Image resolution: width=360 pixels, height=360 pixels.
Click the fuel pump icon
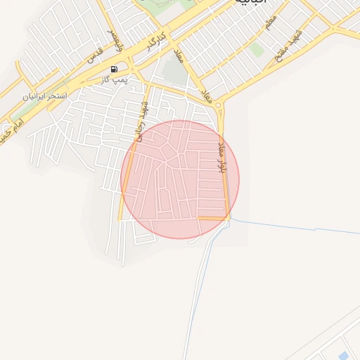tap(114, 70)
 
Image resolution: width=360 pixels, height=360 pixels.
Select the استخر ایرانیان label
tap(46, 95)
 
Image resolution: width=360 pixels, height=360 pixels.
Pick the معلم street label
tap(270, 22)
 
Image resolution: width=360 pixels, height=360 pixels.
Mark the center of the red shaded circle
tap(180, 179)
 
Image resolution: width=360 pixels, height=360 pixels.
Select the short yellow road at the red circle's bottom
tap(212, 219)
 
